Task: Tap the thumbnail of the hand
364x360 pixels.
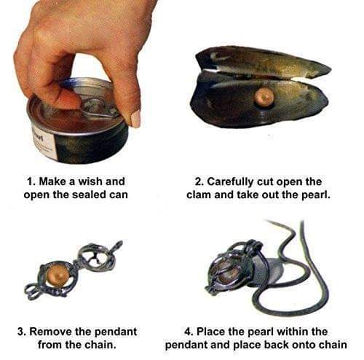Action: [135, 119]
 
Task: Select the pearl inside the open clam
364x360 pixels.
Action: [264, 97]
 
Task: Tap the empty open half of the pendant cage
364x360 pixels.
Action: [96, 257]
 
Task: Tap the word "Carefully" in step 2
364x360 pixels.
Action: [230, 182]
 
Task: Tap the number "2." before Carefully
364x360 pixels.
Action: [199, 182]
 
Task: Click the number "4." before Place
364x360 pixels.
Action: [189, 332]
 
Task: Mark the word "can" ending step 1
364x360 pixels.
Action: [118, 195]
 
